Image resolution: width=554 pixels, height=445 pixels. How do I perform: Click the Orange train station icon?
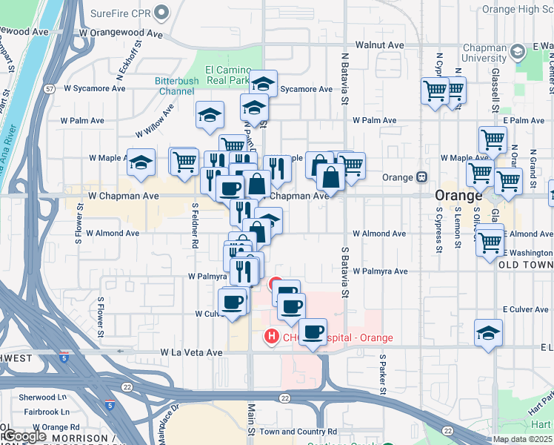click(421, 178)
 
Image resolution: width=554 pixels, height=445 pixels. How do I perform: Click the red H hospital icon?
click(272, 337)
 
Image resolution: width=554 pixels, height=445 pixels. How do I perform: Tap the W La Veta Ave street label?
click(191, 352)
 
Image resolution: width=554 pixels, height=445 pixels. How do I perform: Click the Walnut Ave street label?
click(379, 45)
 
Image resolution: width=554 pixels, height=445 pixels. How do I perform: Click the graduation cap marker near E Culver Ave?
click(489, 334)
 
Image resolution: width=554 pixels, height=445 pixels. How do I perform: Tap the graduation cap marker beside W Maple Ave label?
click(140, 164)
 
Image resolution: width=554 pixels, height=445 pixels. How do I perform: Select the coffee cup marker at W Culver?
click(233, 303)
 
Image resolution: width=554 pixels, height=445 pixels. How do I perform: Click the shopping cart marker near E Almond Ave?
click(490, 241)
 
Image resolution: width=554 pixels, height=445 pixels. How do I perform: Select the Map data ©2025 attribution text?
click(522, 440)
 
